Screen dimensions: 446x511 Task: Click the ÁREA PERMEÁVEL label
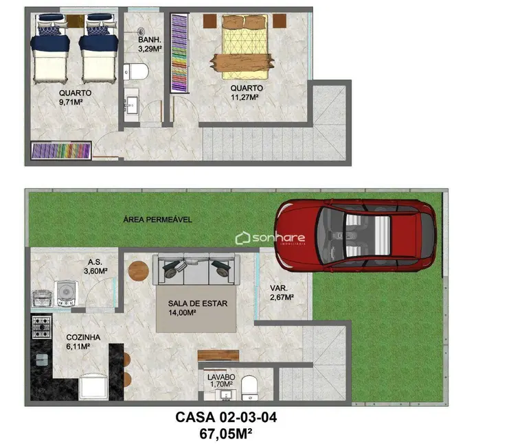[157, 220]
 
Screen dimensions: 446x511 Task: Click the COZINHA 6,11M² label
[83, 342]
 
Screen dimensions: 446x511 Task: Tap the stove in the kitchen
[41, 327]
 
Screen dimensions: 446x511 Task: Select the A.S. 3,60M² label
[97, 266]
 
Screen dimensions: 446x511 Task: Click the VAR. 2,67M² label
[282, 293]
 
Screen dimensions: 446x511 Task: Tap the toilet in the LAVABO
[251, 386]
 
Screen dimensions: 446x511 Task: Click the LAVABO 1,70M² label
[220, 381]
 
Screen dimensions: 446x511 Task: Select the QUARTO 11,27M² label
[245, 92]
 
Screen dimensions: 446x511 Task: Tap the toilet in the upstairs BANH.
[137, 71]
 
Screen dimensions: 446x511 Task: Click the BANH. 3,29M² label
[150, 45]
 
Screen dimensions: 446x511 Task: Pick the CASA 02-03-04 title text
[226, 416]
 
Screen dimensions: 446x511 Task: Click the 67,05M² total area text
[227, 433]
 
